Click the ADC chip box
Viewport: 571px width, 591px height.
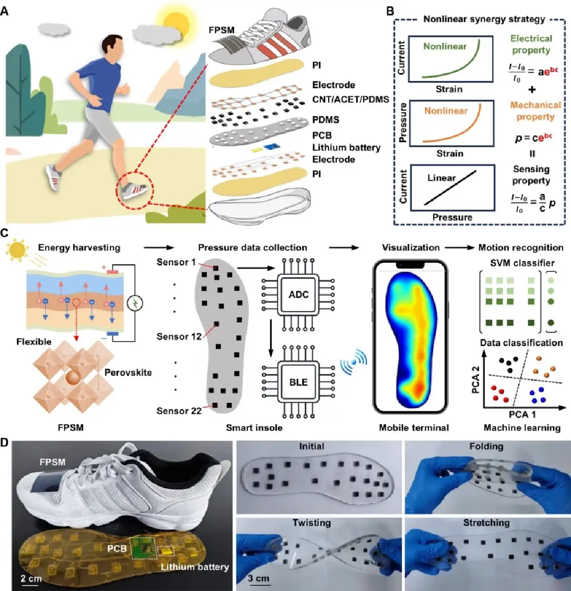coord(298,295)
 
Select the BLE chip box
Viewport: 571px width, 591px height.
coord(298,382)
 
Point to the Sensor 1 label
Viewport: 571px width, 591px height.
coord(176,262)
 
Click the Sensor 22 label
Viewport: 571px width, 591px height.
coord(179,411)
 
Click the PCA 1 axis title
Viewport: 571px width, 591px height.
coord(522,414)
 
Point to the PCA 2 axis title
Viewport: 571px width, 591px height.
coord(475,380)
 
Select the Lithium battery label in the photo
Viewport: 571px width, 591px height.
coord(195,567)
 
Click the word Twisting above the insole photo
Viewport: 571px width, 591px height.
coord(312,523)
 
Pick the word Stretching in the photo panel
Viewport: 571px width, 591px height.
coord(486,523)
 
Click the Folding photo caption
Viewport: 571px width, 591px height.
coord(486,447)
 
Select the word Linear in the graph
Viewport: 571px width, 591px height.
coord(441,178)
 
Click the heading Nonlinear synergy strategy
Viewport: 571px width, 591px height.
coord(484,19)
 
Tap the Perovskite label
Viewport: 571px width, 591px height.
coord(128,372)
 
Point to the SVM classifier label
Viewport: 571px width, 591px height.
coord(522,263)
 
